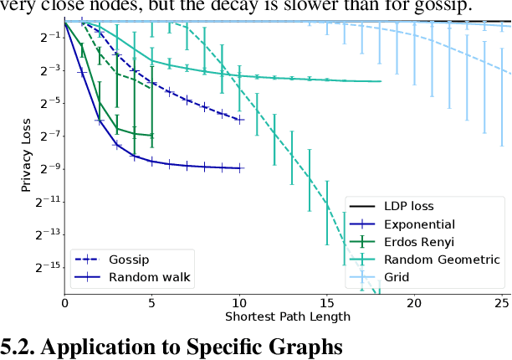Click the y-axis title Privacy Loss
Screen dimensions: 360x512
[x=27, y=157]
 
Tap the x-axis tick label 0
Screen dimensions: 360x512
[x=65, y=303]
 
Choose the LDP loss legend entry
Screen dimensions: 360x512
[x=409, y=207]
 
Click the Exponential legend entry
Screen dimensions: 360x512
[x=419, y=224]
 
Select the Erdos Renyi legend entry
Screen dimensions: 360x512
[x=419, y=242]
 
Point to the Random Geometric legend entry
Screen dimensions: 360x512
[x=441, y=260]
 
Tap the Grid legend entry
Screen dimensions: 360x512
[x=397, y=277]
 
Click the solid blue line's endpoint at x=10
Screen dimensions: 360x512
[x=241, y=168]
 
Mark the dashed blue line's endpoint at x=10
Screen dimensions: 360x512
[x=241, y=120]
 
